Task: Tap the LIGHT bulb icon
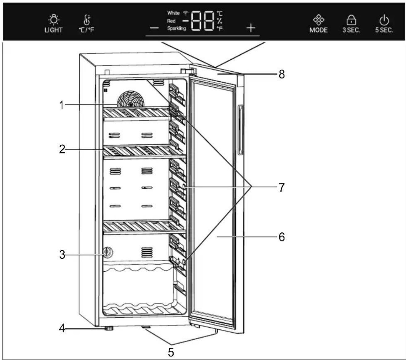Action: pyautogui.click(x=54, y=20)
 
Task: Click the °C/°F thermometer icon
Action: pyautogui.click(x=87, y=20)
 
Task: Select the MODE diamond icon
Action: pyautogui.click(x=319, y=20)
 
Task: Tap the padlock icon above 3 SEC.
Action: pyautogui.click(x=351, y=20)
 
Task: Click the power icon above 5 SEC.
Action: pyautogui.click(x=384, y=20)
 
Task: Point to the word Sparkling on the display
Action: pyautogui.click(x=177, y=28)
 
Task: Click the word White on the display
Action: pyautogui.click(x=173, y=13)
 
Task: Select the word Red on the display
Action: pyautogui.click(x=171, y=21)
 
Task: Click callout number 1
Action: pyautogui.click(x=62, y=105)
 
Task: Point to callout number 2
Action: pyautogui.click(x=62, y=149)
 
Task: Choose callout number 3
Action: pyautogui.click(x=62, y=255)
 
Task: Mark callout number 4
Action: pyautogui.click(x=62, y=328)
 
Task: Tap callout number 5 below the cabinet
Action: pyautogui.click(x=171, y=352)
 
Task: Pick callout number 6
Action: pyautogui.click(x=282, y=237)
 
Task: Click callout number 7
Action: pyautogui.click(x=282, y=187)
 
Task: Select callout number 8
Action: pyautogui.click(x=282, y=74)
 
